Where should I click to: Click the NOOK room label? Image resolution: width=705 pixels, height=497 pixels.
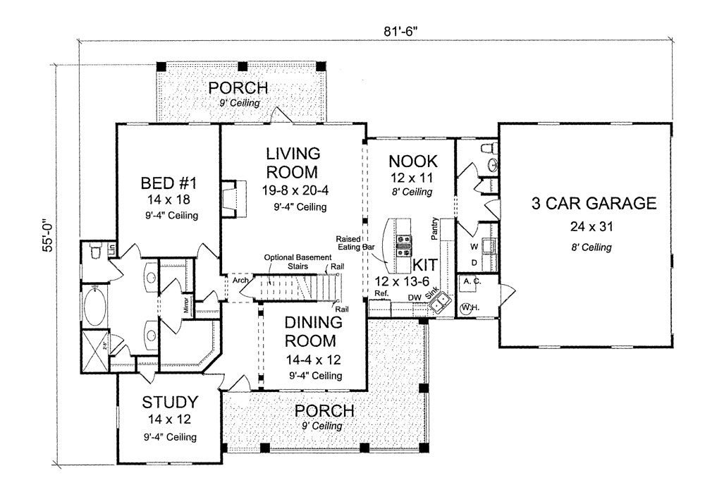pyautogui.click(x=412, y=160)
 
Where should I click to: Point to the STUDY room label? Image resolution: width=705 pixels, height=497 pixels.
pyautogui.click(x=169, y=403)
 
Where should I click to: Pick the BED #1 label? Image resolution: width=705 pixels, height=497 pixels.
pyautogui.click(x=168, y=183)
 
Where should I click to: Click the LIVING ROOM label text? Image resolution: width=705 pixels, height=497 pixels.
pyautogui.click(x=293, y=162)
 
